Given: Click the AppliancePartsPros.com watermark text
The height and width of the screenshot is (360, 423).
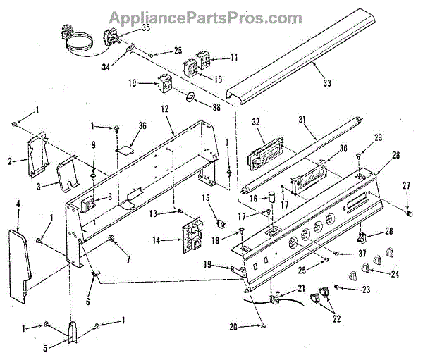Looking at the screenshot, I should tap(211, 15).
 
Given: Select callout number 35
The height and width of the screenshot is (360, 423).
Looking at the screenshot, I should tap(146, 28).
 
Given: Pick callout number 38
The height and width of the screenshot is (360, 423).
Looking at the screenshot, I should tap(216, 108).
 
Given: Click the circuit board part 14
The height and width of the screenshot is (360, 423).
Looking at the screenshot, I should tap(191, 233).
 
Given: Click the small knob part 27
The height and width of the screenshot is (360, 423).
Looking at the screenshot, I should tap(410, 211).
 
